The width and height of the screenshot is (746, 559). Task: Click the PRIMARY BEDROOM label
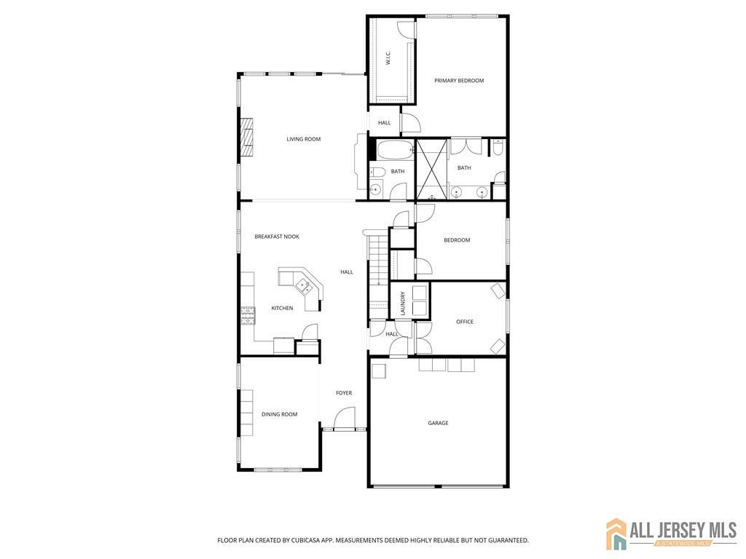[x=459, y=81]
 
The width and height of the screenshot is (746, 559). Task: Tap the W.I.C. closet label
[x=388, y=59]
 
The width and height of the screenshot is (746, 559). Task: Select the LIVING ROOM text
[x=304, y=139]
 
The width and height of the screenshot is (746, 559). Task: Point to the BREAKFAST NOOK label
[x=277, y=237]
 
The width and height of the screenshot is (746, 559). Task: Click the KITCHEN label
[x=282, y=309]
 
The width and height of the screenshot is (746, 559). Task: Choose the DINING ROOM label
[x=279, y=414]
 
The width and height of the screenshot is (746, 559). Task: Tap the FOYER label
[x=344, y=393]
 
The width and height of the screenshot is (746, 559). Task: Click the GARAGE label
[x=438, y=423]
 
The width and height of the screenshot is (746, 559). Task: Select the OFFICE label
[x=465, y=322]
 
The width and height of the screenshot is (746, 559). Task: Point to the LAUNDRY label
[x=403, y=304]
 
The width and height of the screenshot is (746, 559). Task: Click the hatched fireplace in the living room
[x=247, y=137]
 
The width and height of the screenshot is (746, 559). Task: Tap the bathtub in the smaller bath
[x=396, y=149]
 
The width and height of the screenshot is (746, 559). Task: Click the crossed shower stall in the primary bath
[x=431, y=169]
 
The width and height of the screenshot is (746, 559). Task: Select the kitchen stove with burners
[x=248, y=316]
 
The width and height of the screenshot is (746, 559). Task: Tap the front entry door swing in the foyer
[x=345, y=419]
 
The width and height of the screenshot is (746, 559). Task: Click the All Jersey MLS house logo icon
[x=616, y=534]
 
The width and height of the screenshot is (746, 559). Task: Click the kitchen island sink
[x=304, y=287]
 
